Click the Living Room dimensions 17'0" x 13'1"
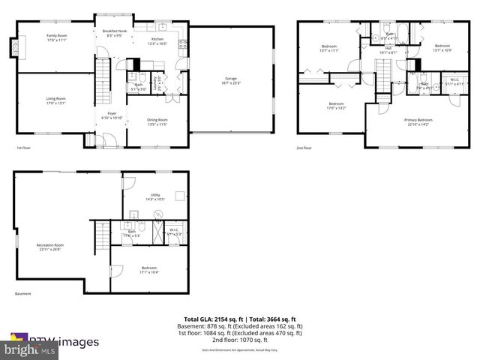[x=57, y=103]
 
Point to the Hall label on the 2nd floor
[x=388, y=49]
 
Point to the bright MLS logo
[x=29, y=349]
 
